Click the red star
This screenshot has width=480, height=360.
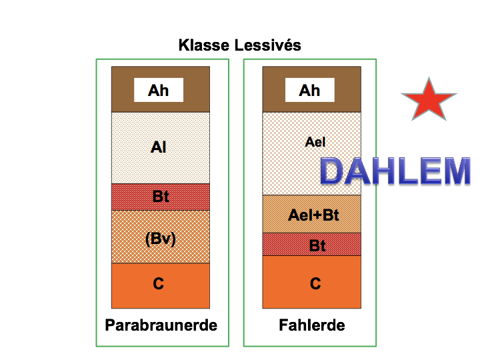(429, 100)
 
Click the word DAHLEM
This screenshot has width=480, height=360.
(395, 171)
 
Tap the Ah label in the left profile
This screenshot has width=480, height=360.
(159, 90)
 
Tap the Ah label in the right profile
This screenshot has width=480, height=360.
(309, 90)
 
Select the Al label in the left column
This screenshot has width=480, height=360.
(159, 147)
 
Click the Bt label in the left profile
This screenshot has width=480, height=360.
(161, 197)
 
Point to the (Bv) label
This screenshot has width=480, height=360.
(161, 239)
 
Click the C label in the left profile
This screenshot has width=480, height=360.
(159, 284)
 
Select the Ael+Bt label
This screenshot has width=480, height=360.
(313, 215)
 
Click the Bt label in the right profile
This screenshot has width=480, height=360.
(318, 245)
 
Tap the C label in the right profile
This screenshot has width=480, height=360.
(315, 284)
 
